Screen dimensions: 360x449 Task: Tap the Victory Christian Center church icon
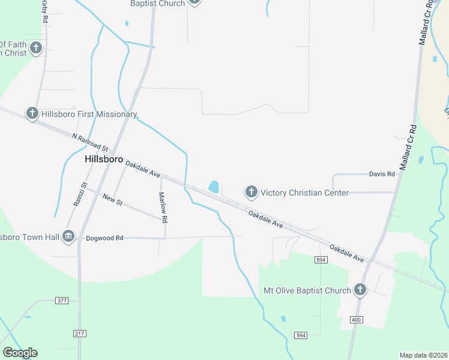pyautogui.click(x=251, y=192)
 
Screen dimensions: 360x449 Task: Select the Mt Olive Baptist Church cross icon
pyautogui.click(x=360, y=290)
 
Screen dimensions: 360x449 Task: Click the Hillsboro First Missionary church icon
pyautogui.click(x=32, y=113)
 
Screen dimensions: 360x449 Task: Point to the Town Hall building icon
pyautogui.click(x=68, y=236)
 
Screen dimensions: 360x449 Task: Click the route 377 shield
pyautogui.click(x=61, y=300)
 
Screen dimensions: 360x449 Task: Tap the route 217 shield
pyautogui.click(x=80, y=333)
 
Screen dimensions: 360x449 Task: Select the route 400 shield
pyautogui.click(x=356, y=320)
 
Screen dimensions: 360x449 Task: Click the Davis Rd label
pyautogui.click(x=382, y=174)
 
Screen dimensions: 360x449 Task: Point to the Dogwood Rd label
pyautogui.click(x=104, y=238)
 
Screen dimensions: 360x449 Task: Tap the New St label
pyautogui.click(x=112, y=200)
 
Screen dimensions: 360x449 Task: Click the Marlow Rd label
pyautogui.click(x=161, y=206)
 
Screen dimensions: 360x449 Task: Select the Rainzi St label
pyautogui.click(x=80, y=194)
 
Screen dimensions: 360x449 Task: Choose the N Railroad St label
pyautogui.click(x=89, y=142)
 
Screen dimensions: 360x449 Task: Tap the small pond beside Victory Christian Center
pyautogui.click(x=214, y=187)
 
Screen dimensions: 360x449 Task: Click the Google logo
pyautogui.click(x=20, y=353)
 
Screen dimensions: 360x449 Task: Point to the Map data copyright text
pyautogui.click(x=424, y=355)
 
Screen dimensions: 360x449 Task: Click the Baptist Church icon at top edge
pyautogui.click(x=194, y=2)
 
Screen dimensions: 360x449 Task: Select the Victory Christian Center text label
pyautogui.click(x=304, y=193)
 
